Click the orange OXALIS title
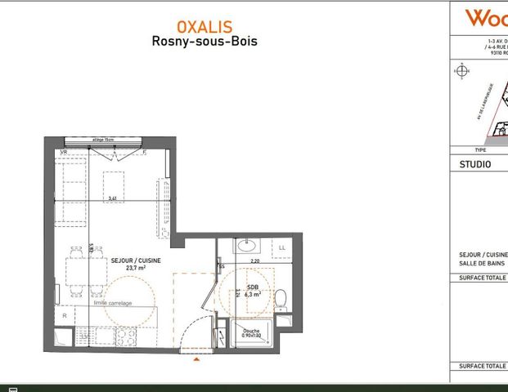point(204,26)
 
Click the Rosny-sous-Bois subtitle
point(204,41)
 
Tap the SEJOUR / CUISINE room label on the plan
point(130,260)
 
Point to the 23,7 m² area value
point(131,268)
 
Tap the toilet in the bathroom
point(280,299)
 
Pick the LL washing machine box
point(282,247)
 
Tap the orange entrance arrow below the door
point(195,358)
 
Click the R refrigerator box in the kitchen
point(63,315)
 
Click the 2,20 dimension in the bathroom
point(254,261)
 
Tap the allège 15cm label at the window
point(104,140)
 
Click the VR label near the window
point(63,152)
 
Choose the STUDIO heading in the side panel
point(475,163)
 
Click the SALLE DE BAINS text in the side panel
point(482,263)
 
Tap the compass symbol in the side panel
point(463,71)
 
